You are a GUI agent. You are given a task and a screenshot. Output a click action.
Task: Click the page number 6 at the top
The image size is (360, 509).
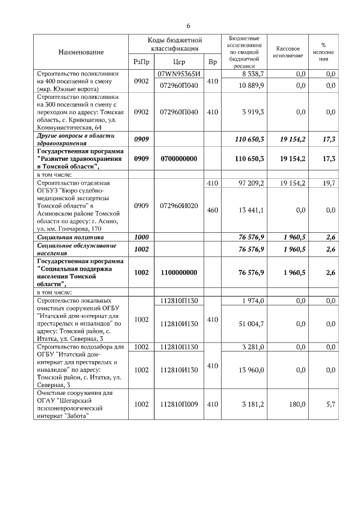point(188,26)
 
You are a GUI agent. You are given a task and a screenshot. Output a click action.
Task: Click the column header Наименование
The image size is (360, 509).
point(81,52)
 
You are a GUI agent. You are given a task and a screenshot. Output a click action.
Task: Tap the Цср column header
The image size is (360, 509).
point(179,62)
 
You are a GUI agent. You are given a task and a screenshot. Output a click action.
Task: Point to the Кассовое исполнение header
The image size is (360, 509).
point(287,52)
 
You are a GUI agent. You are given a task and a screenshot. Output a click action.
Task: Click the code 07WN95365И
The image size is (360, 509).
point(179,74)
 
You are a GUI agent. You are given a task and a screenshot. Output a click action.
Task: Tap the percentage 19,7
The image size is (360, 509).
point(330,183)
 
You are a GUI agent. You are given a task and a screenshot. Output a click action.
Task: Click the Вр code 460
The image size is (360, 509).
point(212,210)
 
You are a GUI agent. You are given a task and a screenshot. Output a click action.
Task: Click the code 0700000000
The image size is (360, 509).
point(179,159)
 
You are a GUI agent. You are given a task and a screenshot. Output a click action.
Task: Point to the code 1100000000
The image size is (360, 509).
point(179,272)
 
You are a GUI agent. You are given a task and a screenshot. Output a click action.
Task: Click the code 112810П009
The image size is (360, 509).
point(179,404)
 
